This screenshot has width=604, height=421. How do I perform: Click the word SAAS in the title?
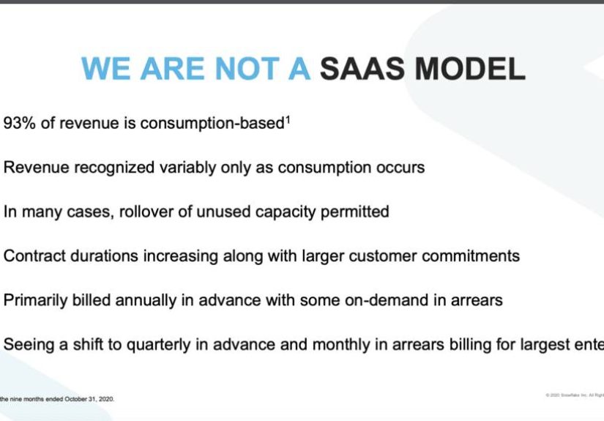coord(362,69)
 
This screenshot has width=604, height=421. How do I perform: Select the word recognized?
coord(116,168)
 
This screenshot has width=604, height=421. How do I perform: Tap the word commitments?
coord(470,256)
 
